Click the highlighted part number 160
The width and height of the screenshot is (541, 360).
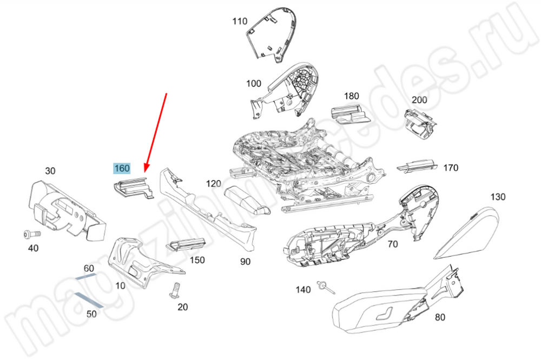[x=122, y=169]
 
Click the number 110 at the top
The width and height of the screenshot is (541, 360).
[x=240, y=22]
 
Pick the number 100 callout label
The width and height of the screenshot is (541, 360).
[x=253, y=84]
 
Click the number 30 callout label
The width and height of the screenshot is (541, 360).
[x=50, y=171]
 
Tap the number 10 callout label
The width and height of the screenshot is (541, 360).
[x=120, y=285]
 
